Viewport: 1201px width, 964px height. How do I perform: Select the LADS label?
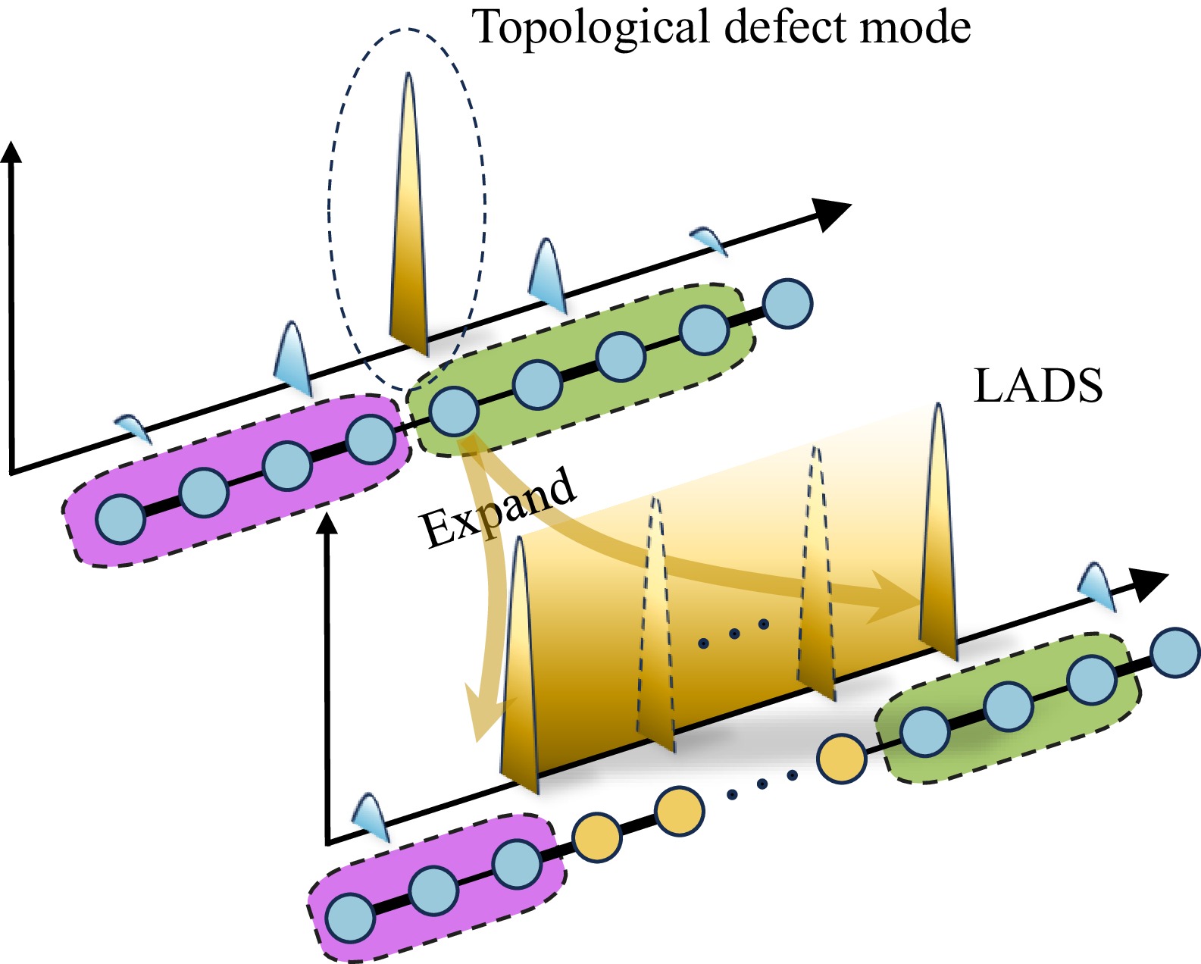point(1037,386)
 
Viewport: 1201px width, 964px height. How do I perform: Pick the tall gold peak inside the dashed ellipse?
point(409,220)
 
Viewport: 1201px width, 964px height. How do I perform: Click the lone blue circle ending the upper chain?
point(788,303)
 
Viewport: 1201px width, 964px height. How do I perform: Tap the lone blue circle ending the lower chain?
point(1174,652)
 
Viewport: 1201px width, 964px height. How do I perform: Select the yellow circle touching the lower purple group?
point(597,837)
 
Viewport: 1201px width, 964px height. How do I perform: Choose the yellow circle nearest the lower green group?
point(842,758)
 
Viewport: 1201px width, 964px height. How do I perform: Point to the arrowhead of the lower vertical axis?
point(328,523)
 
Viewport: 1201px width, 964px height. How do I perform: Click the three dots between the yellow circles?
point(762,784)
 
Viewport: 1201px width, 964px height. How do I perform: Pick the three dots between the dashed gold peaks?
point(733,634)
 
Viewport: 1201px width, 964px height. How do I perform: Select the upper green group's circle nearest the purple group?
point(454,412)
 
